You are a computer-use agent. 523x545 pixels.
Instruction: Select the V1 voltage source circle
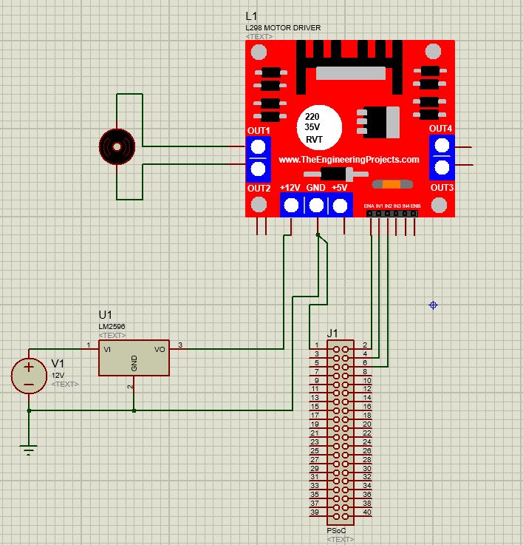coord(29,376)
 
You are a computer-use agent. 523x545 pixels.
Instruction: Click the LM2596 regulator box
coord(134,359)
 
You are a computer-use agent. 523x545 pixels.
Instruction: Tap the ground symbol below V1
coord(29,448)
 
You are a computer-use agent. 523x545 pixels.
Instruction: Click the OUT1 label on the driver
coord(259,131)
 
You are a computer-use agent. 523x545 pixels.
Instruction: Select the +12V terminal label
coord(290,188)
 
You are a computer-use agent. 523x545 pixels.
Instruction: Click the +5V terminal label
coord(339,188)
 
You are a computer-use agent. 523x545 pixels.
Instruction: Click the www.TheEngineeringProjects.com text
coord(349,160)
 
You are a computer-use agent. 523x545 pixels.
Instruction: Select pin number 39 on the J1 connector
coord(314,512)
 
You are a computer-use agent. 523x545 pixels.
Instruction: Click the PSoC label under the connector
coord(335,531)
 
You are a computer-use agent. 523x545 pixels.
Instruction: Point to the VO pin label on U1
coord(159,350)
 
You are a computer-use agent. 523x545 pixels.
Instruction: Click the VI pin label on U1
coord(109,350)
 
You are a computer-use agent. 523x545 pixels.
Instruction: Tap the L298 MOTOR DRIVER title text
coord(283,28)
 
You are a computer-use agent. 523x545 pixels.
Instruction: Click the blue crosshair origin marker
coord(434,305)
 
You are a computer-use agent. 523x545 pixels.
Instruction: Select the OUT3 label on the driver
coord(442,188)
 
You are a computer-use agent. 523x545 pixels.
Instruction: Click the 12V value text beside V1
coord(58,375)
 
